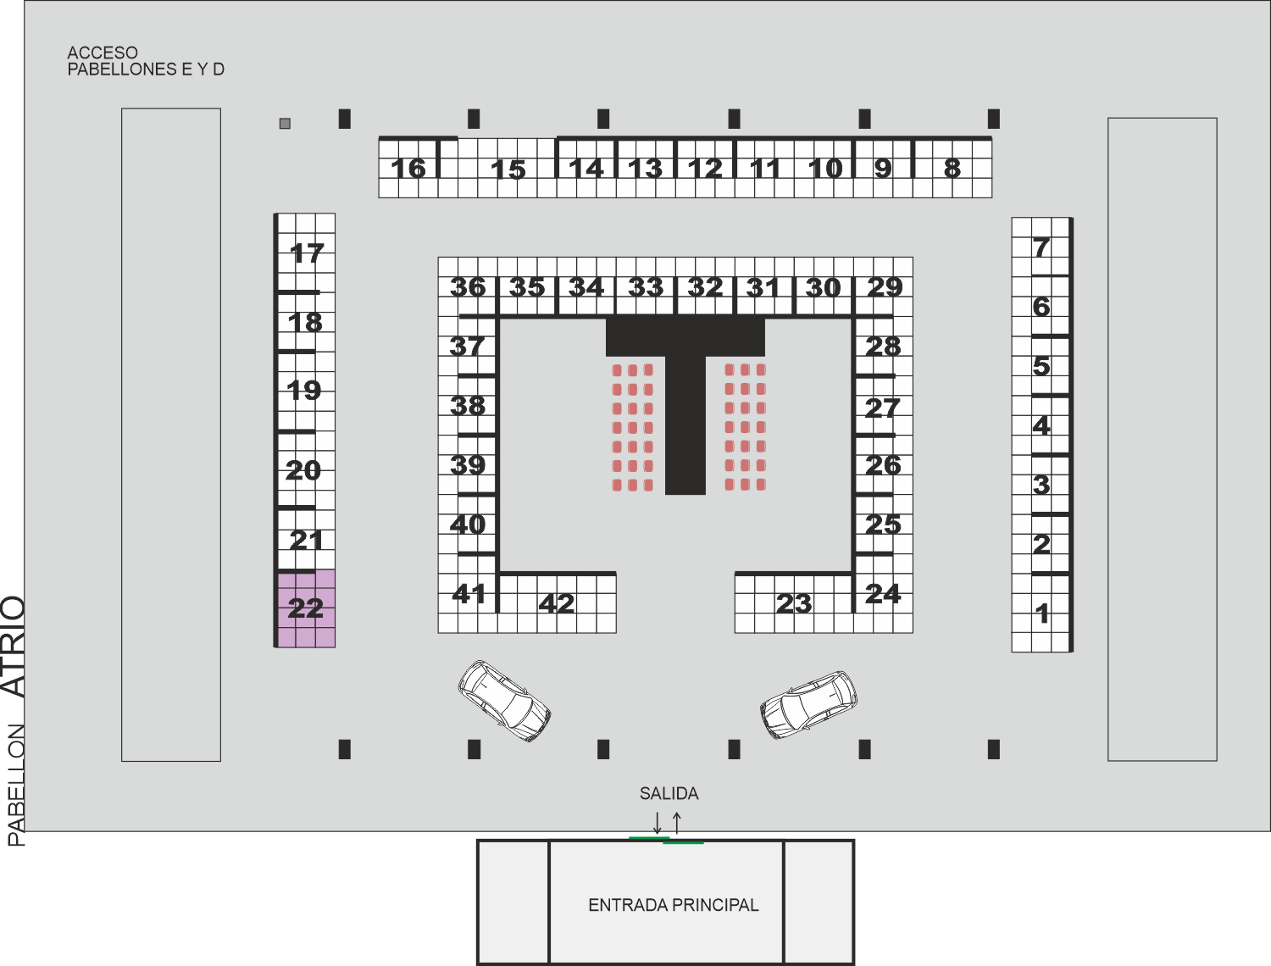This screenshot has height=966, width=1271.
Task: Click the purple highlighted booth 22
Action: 307,608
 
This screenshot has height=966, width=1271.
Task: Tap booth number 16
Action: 408,169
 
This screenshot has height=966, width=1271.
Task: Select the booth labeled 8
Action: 952,169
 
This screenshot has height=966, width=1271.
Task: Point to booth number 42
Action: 557,603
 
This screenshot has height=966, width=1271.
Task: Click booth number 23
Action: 794,603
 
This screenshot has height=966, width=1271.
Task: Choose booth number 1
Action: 1041,613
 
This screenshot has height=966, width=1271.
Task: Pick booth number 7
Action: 1041,247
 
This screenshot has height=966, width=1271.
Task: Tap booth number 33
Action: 646,287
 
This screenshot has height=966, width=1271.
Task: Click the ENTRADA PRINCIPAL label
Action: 674,905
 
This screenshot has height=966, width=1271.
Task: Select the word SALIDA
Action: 669,793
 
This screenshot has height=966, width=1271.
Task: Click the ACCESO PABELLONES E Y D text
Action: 146,61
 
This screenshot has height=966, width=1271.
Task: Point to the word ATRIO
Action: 14,647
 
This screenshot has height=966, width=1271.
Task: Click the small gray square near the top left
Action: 285,123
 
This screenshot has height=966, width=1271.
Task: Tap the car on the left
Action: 504,701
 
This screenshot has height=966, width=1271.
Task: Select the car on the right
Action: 808,705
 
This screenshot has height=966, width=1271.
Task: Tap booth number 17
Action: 307,253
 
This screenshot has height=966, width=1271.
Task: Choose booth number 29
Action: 884,287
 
